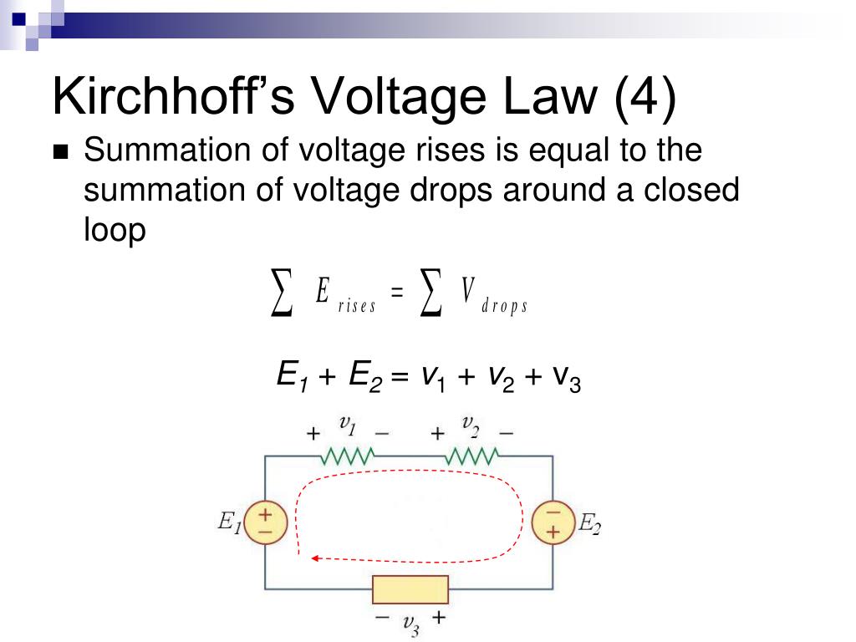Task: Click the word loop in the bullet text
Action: click(115, 231)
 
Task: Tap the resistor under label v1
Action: click(347, 456)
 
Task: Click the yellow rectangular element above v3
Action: click(410, 589)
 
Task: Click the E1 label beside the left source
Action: click(230, 524)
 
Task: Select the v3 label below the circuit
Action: click(410, 624)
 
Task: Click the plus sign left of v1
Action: click(313, 435)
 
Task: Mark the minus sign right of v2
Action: click(507, 434)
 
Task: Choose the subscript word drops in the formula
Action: click(505, 306)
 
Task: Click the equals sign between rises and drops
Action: click(397, 293)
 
